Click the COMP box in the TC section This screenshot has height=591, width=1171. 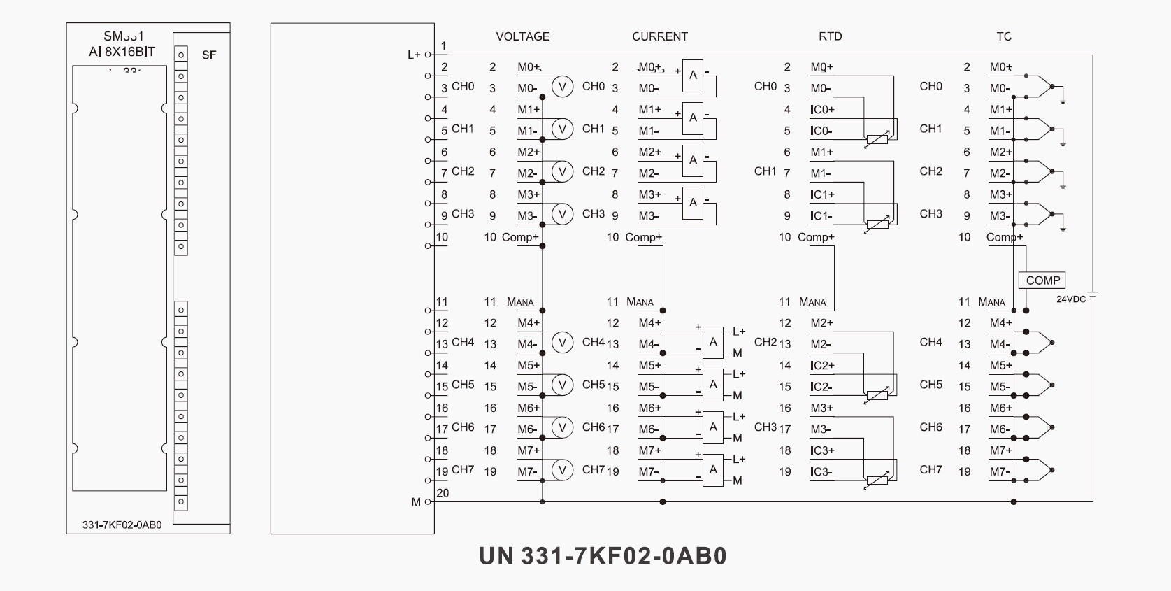1043,280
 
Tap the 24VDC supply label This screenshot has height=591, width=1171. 1070,299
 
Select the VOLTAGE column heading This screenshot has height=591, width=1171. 522,36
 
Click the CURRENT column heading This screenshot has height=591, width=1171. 659,36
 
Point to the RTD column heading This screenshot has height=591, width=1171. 830,36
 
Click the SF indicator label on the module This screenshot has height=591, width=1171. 208,55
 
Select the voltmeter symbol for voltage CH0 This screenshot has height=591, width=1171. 562,86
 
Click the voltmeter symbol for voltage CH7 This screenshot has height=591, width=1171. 562,470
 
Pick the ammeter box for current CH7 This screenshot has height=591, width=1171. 713,469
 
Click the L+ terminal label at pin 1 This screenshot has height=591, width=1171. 414,54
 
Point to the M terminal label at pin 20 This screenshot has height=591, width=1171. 417,501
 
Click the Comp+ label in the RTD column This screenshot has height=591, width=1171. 816,237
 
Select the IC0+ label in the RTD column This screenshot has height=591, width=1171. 822,110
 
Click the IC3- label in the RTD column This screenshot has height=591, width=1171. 821,472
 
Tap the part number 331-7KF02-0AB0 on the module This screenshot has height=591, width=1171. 122,525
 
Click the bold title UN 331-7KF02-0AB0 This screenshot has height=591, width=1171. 603,556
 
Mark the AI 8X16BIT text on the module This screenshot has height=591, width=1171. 122,52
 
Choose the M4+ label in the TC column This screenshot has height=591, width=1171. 1000,323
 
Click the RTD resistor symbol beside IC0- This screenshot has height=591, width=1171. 877,138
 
